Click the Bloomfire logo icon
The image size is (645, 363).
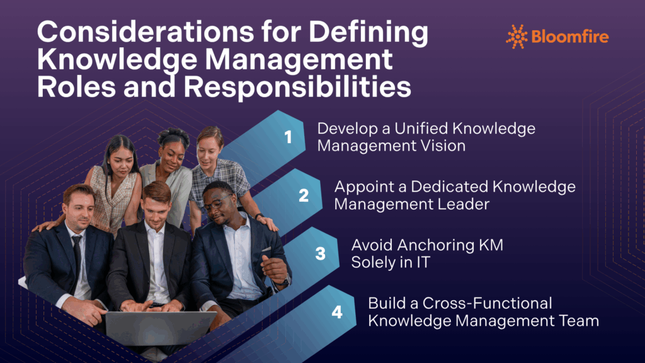[x=517, y=37]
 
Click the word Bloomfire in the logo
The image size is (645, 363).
[x=569, y=37]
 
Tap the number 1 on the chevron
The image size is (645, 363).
[x=288, y=137]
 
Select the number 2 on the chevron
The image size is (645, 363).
[x=304, y=195]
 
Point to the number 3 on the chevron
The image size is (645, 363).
[x=321, y=253]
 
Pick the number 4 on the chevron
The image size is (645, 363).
[x=337, y=312]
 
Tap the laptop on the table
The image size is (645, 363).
[x=160, y=328]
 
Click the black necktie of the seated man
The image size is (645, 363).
[x=77, y=258]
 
